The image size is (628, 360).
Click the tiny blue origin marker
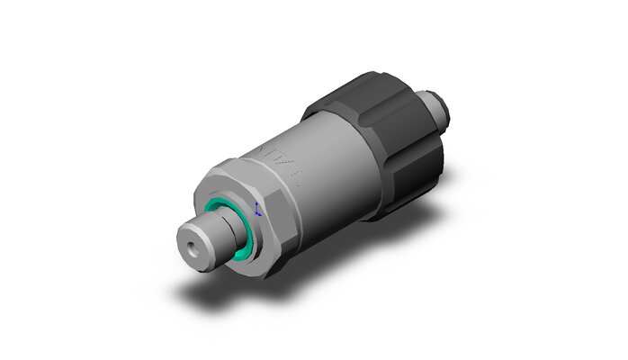coord(257,212)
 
